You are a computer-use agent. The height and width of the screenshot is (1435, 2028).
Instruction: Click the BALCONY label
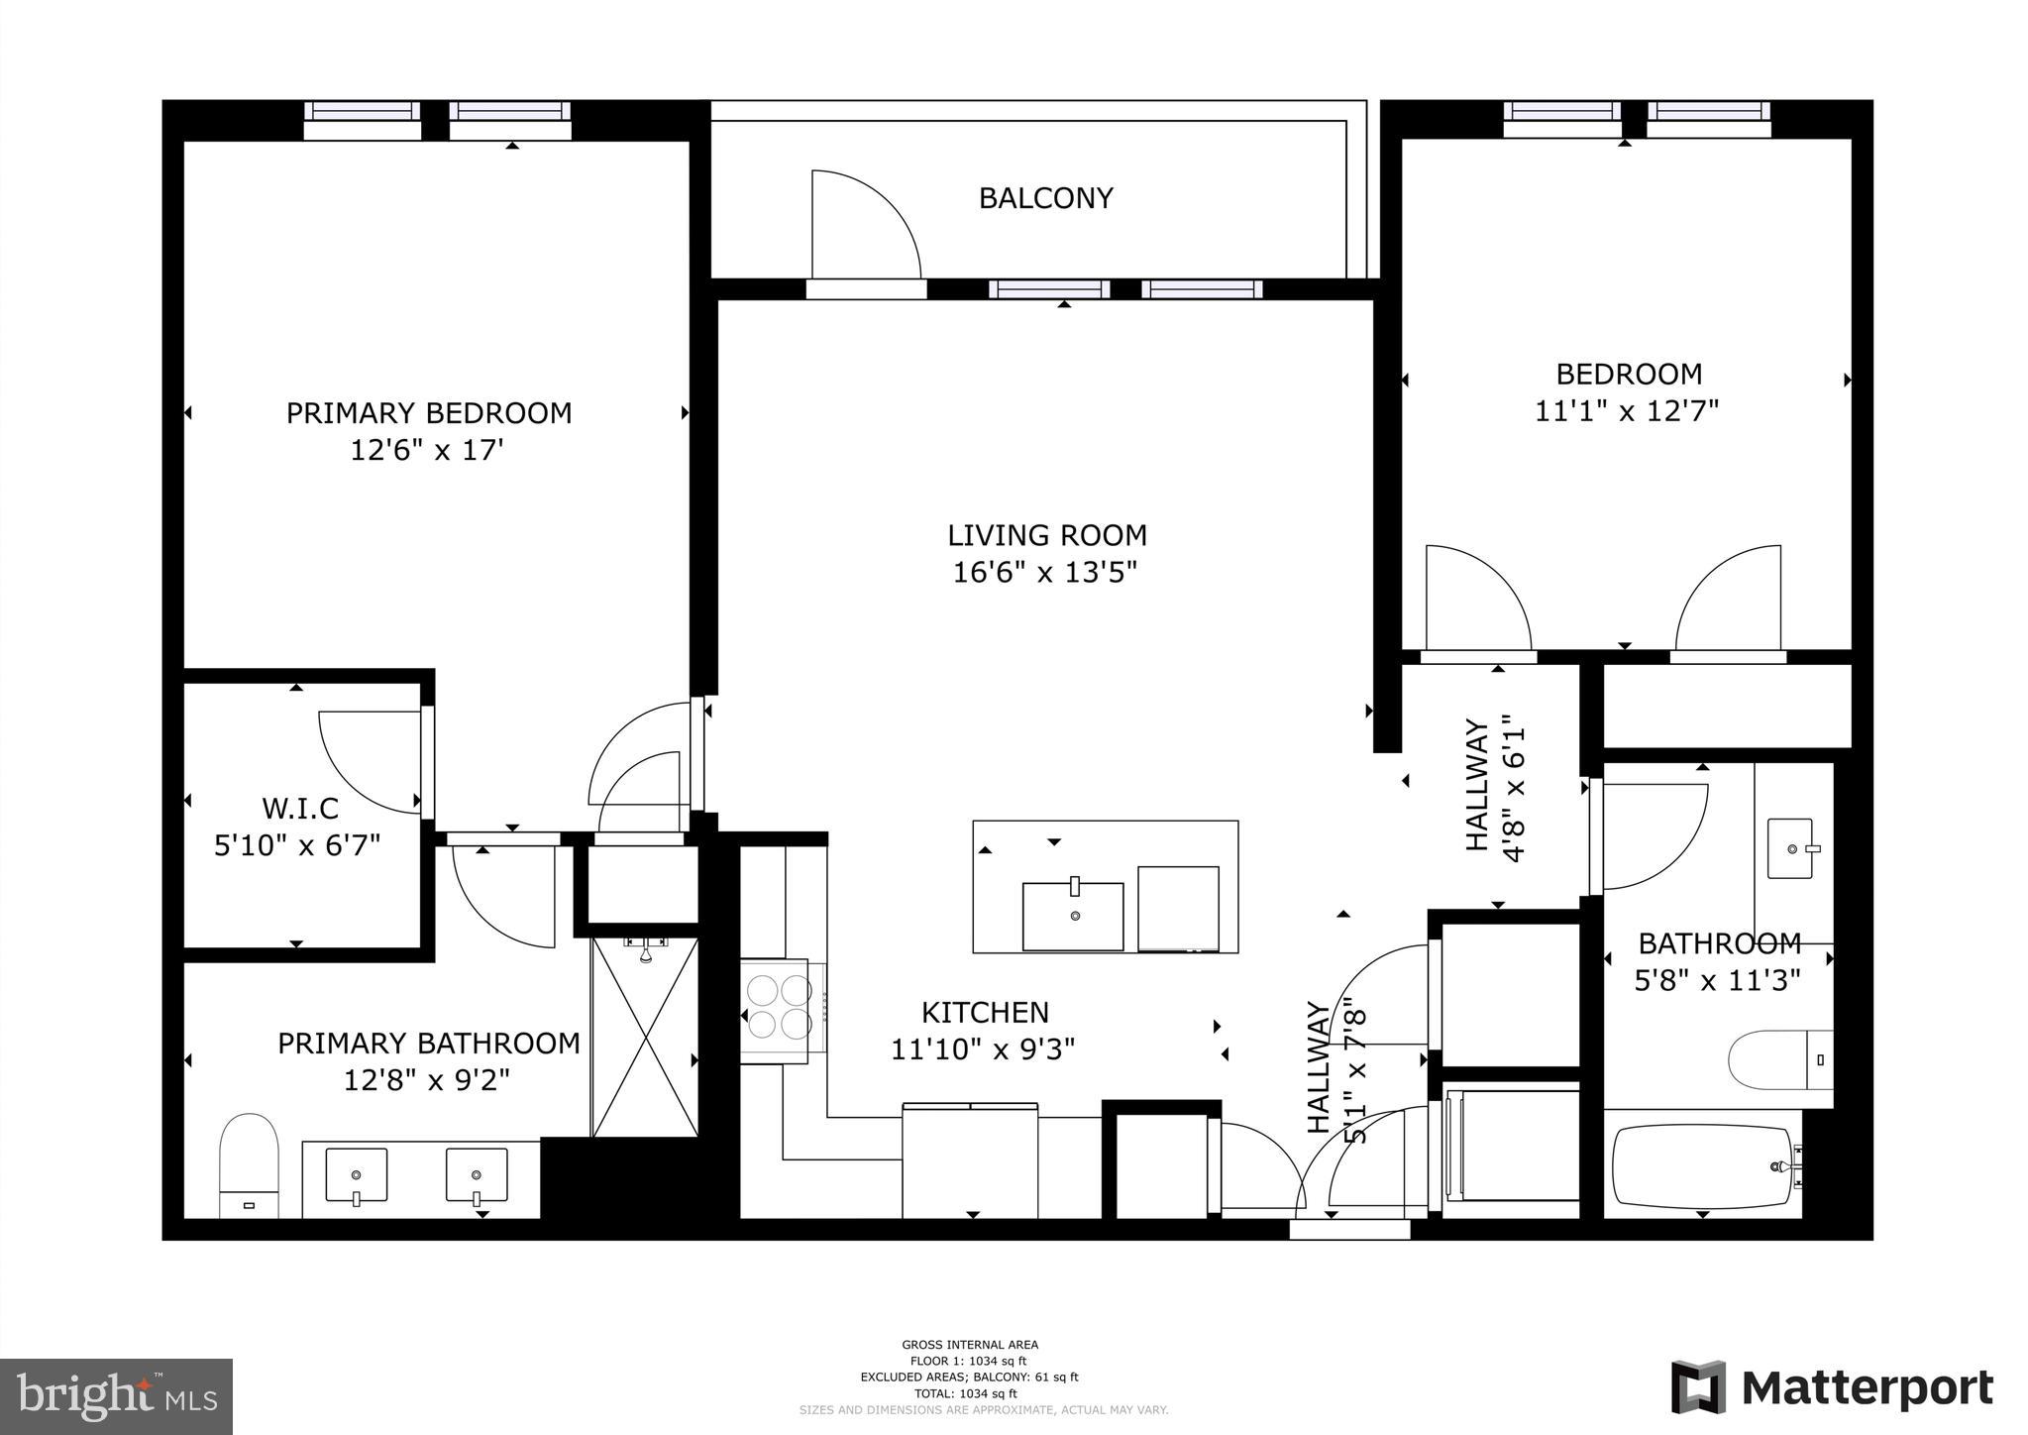pos(1045,198)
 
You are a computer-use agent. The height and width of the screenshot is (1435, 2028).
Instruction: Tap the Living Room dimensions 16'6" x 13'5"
pos(1045,573)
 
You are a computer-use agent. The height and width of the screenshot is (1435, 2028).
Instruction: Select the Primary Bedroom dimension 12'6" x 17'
pos(427,451)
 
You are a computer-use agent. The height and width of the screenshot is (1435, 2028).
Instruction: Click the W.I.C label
pos(300,809)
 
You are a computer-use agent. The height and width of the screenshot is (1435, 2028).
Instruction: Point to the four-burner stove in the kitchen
pos(780,1007)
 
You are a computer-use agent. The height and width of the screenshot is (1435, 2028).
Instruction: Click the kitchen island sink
pos(1073,915)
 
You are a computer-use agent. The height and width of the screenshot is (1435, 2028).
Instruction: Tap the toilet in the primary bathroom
pos(249,1164)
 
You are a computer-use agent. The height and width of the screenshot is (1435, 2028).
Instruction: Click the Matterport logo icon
pos(1698,1388)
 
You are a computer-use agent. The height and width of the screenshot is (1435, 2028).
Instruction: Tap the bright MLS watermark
pos(116,1395)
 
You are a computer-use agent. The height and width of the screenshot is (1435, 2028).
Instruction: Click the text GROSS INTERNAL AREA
pos(970,1345)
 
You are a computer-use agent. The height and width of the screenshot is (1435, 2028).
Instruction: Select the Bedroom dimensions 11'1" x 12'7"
pos(1627,411)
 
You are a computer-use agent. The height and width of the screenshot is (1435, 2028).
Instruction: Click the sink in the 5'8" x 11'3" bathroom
pos(1791,848)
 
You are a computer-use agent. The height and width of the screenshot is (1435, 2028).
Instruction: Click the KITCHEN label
pos(985,1012)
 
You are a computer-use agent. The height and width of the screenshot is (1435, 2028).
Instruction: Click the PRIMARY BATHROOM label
pos(428,1044)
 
